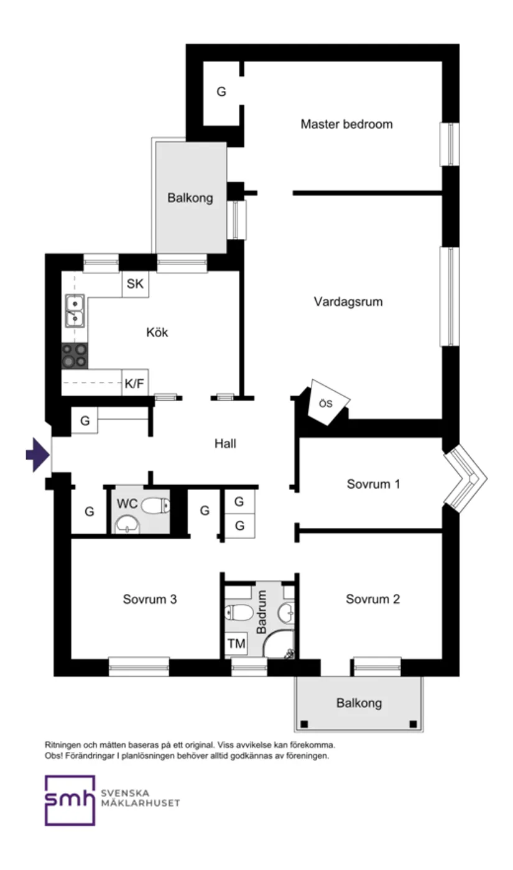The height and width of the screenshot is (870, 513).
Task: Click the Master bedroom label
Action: (346, 124)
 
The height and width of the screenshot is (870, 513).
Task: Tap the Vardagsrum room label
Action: (348, 302)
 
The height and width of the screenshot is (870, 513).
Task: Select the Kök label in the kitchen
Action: (157, 332)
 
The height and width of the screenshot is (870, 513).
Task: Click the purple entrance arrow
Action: (37, 455)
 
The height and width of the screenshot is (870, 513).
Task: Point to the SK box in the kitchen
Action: (135, 284)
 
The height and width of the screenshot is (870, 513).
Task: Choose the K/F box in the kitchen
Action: (134, 383)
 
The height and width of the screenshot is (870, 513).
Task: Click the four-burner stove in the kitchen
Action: (74, 356)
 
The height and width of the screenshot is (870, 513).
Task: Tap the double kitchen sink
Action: (75, 311)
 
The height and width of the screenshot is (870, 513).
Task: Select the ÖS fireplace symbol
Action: (328, 403)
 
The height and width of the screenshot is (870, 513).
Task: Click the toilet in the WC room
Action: (155, 505)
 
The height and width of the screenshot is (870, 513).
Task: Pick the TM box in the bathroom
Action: (236, 644)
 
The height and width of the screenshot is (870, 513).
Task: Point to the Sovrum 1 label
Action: (373, 484)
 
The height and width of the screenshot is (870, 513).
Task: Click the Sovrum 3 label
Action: (150, 599)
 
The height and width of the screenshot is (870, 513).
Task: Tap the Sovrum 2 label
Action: (372, 599)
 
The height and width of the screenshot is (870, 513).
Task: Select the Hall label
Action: (225, 444)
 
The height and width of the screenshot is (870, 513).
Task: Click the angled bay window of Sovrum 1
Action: (465, 478)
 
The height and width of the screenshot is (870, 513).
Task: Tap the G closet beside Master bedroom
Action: (221, 92)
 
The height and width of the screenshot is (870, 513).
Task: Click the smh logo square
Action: (70, 800)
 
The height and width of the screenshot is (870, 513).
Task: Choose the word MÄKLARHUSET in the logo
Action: (140, 803)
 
